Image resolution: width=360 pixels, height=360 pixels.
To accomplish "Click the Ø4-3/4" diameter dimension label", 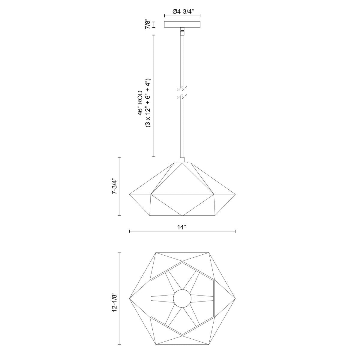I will [x=182, y=11].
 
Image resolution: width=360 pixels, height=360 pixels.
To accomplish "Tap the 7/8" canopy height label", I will [x=147, y=24].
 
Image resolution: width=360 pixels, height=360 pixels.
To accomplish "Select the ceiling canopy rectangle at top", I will [x=182, y=25].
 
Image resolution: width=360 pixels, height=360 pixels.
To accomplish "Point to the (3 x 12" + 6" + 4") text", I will [x=147, y=103].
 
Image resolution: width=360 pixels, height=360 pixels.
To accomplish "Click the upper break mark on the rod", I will [x=182, y=88].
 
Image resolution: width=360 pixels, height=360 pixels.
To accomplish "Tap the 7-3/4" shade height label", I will [x=114, y=186].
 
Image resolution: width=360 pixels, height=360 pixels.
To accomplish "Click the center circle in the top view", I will [x=182, y=298].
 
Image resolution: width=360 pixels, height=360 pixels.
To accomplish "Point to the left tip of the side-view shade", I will [x=129, y=195].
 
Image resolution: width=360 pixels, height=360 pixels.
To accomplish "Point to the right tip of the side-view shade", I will [x=235, y=195].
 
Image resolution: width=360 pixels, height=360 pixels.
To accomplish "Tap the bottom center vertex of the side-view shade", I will [x=182, y=215].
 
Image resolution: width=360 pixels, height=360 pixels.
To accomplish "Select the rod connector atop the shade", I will [x=182, y=160].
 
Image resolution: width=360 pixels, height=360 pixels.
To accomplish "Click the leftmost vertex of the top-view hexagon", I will [x=129, y=298].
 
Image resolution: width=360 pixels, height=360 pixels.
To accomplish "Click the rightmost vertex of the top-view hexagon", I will [x=235, y=298].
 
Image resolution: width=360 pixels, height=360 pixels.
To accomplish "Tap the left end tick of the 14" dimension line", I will [x=129, y=231].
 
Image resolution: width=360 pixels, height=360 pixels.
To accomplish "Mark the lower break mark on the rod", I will [x=182, y=96].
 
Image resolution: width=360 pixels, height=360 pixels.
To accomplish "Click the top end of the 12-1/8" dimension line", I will [x=120, y=253].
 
